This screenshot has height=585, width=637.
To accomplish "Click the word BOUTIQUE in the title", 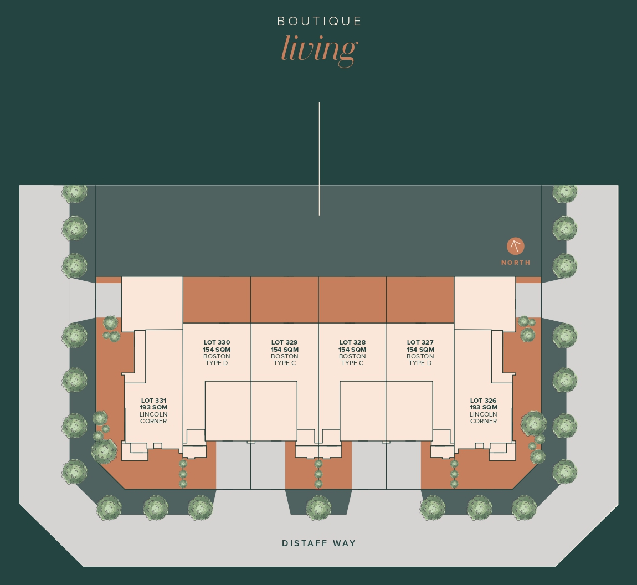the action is [319, 21].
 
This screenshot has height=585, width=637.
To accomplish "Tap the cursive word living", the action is [319, 49].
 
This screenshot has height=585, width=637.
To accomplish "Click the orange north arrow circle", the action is [516, 246].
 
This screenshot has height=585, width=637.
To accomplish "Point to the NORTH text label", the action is [516, 263].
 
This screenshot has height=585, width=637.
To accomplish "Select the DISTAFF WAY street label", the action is [319, 543].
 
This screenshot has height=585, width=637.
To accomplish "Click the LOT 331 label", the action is [153, 401].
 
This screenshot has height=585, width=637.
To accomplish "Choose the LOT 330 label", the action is [217, 342].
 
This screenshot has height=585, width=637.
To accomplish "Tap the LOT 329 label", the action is [284, 342].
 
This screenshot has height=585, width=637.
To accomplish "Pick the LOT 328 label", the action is [352, 342].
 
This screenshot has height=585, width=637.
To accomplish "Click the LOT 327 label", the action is [420, 342].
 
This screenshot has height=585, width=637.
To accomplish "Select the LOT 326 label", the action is [484, 401].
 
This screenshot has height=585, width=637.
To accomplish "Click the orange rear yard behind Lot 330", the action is [217, 300].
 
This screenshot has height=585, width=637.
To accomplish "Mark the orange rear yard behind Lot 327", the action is [420, 300].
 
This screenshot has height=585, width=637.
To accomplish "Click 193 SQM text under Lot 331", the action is [153, 408].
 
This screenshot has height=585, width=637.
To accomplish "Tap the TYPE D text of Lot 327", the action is [420, 363].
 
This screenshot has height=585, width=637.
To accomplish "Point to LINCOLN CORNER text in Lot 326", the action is [484, 418].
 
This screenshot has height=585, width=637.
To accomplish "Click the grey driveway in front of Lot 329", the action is [268, 465].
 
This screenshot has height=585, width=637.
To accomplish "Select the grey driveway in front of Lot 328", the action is [369, 465].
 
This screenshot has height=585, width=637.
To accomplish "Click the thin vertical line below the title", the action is [319, 159].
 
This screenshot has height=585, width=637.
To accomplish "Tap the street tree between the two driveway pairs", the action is [318, 508].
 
